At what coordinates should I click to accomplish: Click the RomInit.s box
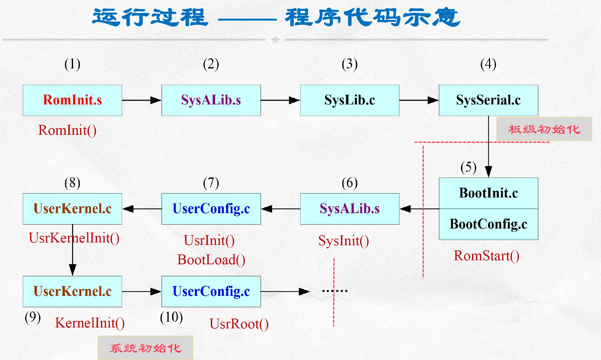[72, 100]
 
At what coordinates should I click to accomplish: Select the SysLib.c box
[350, 100]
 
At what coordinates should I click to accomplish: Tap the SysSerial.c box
[488, 100]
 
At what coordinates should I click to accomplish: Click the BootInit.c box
[488, 193]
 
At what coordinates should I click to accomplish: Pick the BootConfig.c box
[488, 224]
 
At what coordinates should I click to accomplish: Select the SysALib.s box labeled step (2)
[211, 100]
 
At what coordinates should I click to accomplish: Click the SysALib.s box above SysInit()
[350, 209]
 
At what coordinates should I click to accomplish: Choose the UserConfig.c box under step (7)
[211, 209]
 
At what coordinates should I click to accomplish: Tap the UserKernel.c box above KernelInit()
[72, 291]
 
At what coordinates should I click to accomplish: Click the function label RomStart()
[487, 256]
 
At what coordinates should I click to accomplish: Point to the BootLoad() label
[211, 260]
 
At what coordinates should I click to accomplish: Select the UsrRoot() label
[239, 324]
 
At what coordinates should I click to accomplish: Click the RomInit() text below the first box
[67, 130]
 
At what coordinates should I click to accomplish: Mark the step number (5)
[468, 167]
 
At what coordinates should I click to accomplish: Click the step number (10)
[171, 317]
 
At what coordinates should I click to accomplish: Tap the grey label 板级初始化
[544, 129]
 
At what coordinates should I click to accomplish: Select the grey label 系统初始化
[145, 348]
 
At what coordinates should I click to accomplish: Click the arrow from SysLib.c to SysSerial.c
[419, 100]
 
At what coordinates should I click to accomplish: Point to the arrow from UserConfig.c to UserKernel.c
[142, 209]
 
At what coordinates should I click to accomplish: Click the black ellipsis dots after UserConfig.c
[335, 291]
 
